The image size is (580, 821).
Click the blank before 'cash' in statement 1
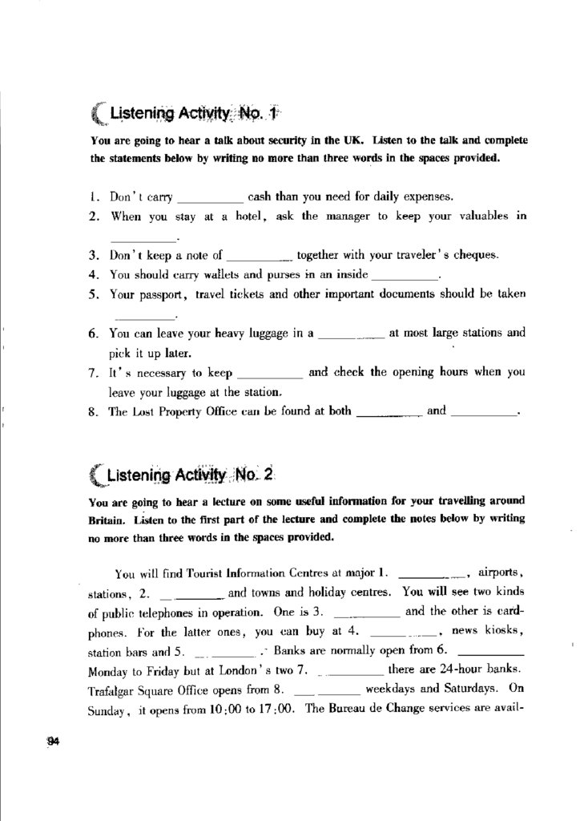point(210,196)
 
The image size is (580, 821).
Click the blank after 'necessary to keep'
point(271,373)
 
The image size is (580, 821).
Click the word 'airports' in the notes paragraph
point(500,574)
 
